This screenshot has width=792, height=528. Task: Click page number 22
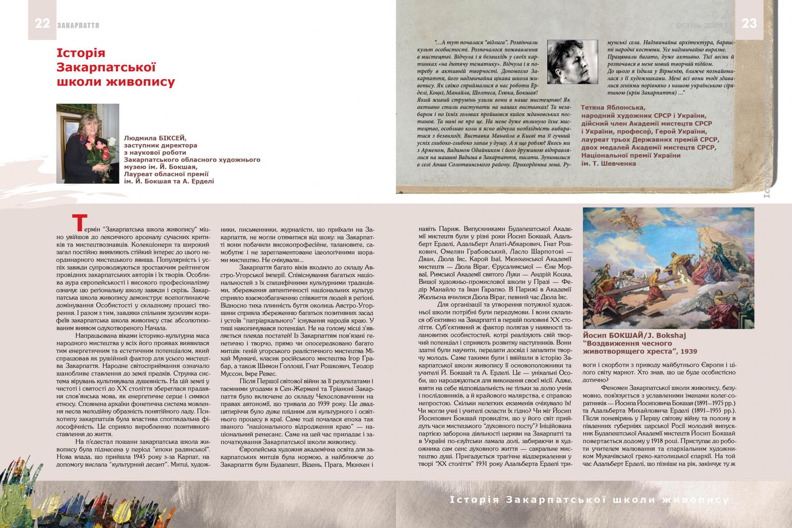[42, 24]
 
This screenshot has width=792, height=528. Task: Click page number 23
[749, 24]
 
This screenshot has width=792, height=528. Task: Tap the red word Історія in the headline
[81, 53]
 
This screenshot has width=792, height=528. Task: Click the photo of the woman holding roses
[88, 143]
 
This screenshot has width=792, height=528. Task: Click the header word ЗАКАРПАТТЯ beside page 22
[78, 25]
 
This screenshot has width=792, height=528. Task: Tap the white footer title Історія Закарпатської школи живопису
[589, 500]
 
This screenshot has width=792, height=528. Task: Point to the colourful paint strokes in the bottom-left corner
[25, 502]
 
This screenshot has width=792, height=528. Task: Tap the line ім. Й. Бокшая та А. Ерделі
[169, 181]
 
